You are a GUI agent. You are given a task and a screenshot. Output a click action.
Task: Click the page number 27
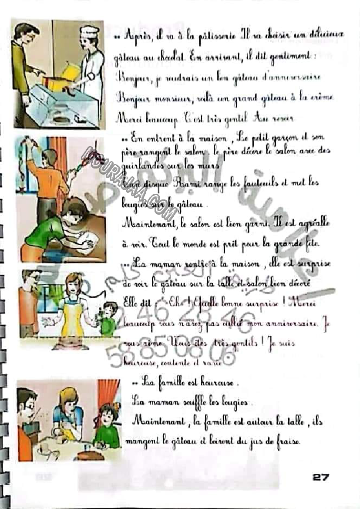point(320,477)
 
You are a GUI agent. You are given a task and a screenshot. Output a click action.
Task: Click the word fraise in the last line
point(288,442)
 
